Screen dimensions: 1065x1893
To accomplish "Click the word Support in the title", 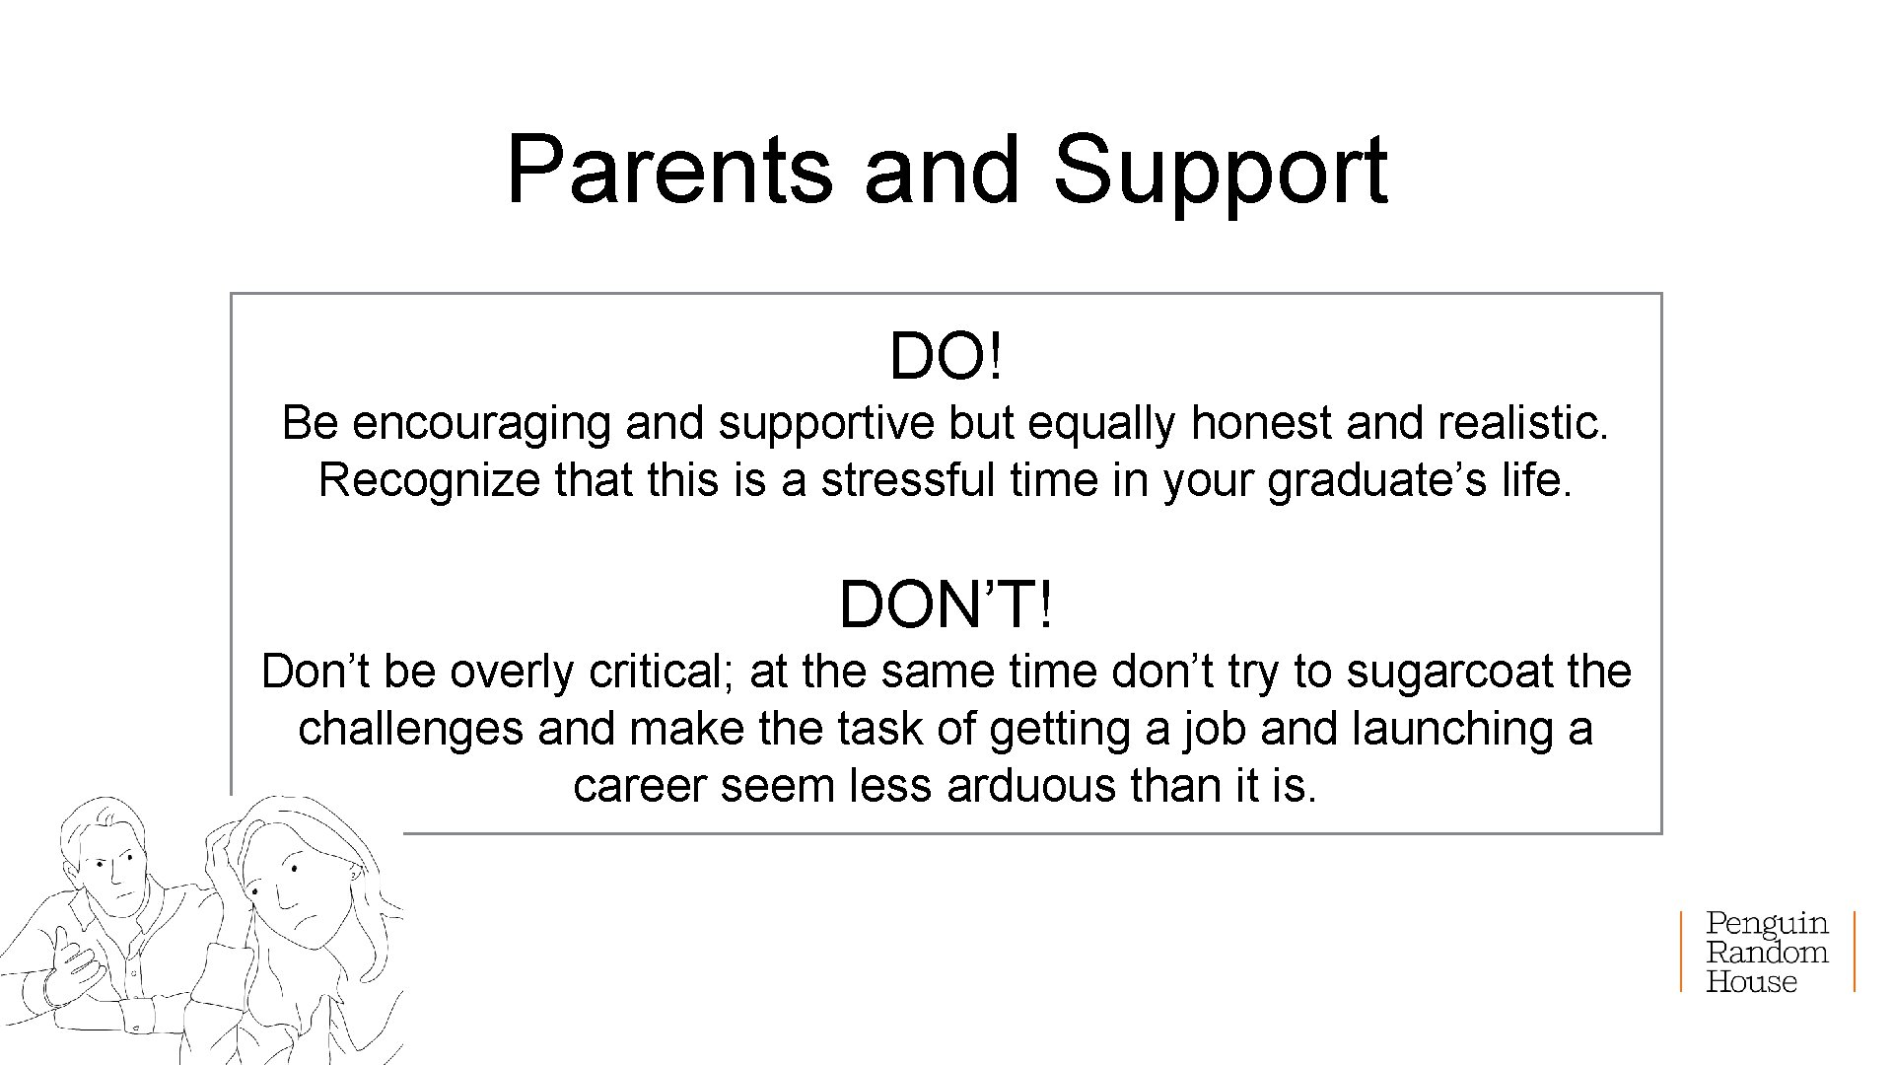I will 1220,170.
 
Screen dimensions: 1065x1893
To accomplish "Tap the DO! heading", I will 946,356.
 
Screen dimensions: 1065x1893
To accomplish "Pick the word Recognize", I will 429,481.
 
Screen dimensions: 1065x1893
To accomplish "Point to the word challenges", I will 410,730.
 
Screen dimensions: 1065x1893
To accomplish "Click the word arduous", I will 1031,787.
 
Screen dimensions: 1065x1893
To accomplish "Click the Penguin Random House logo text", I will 1767,952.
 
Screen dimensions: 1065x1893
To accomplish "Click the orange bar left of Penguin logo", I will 1682,952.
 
